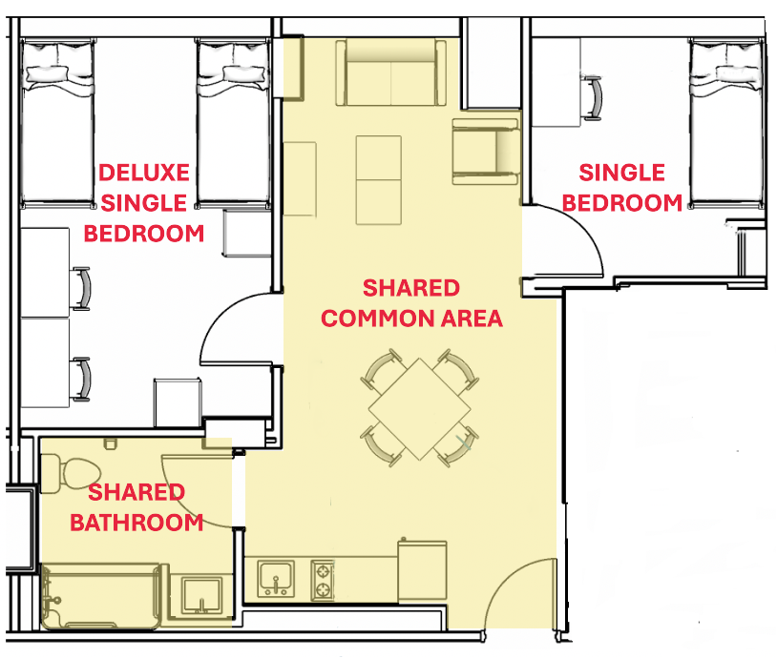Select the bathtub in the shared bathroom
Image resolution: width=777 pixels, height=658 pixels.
click(101, 596)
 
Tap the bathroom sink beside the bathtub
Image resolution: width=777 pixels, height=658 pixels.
click(201, 593)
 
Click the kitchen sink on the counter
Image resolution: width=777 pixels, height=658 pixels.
click(276, 578)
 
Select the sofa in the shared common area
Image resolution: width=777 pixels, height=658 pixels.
click(391, 73)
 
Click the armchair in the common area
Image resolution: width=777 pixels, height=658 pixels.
click(485, 150)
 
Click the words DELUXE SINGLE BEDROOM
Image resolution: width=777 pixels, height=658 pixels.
click(145, 202)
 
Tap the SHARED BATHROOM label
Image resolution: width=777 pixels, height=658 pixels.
click(145, 507)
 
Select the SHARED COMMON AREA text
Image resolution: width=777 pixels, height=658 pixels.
click(411, 303)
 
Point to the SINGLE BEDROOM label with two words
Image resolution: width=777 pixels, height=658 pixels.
click(621, 188)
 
